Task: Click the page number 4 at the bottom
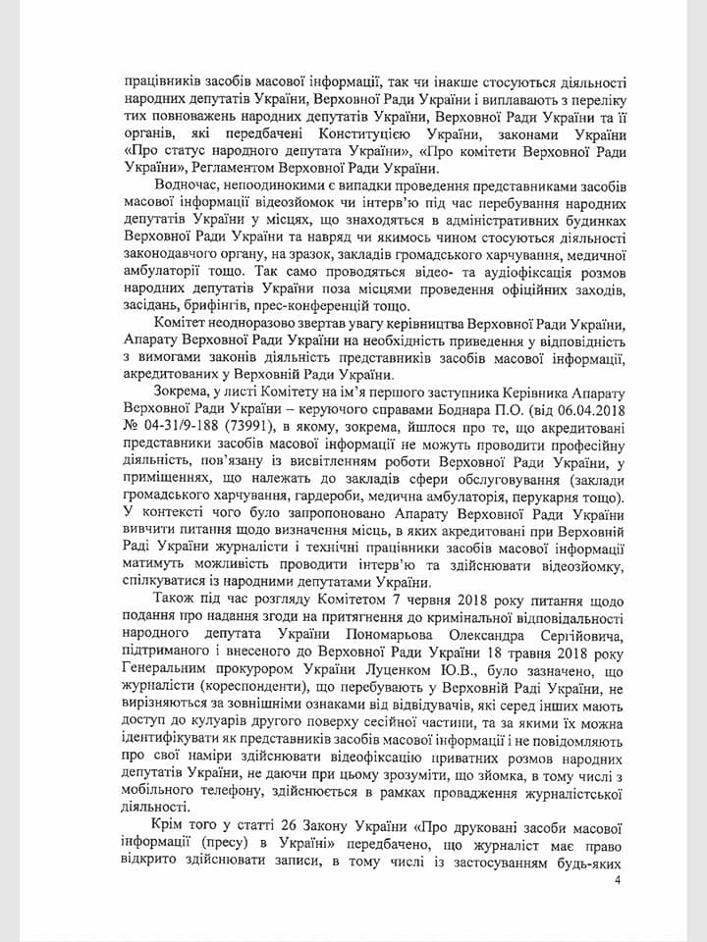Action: click(x=617, y=880)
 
